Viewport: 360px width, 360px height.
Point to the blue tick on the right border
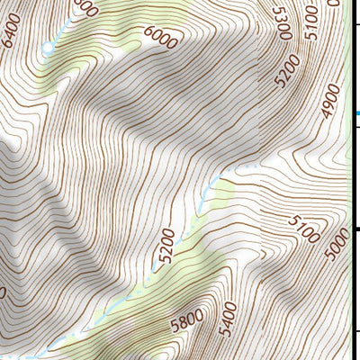[x=356, y=112]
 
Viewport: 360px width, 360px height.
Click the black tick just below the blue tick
[x=356, y=128]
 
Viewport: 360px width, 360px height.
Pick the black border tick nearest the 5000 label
[x=356, y=231]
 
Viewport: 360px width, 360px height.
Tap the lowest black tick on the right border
[x=356, y=333]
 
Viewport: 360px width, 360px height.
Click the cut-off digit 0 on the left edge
[x=3, y=292]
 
